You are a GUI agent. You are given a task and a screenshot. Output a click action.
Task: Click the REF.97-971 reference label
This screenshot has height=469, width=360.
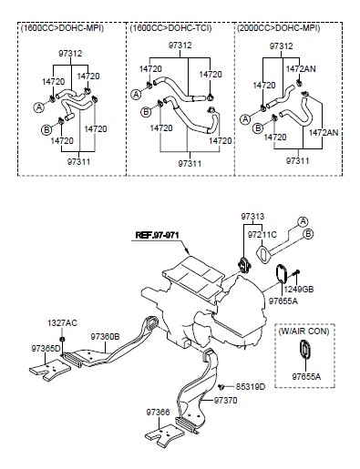click(x=157, y=235)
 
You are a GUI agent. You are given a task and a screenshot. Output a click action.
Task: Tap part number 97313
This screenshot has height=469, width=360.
click(x=252, y=217)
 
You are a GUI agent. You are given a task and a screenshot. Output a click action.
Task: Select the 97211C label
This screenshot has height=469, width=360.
click(x=262, y=235)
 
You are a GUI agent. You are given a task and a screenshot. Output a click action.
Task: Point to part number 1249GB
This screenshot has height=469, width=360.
click(x=299, y=290)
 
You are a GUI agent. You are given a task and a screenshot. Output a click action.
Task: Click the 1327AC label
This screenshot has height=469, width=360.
click(x=62, y=323)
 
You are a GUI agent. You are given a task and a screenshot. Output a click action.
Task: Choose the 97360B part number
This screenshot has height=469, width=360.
click(x=105, y=336)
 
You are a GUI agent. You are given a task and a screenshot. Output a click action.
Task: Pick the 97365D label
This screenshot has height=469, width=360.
click(x=46, y=349)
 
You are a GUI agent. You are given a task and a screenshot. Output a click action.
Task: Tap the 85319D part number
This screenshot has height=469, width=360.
click(x=251, y=387)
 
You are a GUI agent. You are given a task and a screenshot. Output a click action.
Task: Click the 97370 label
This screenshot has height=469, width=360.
click(x=225, y=401)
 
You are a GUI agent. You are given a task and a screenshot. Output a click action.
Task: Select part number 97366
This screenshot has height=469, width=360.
click(x=158, y=413)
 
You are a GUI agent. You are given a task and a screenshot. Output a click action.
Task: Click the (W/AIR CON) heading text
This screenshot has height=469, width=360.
click(x=303, y=331)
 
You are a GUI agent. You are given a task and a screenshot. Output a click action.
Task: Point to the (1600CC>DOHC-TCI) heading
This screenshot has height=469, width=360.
click(x=170, y=28)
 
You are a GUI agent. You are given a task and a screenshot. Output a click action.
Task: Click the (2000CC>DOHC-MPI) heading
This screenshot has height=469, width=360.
click(x=279, y=28)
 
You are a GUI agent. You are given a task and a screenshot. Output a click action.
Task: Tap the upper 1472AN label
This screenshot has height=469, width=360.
click(x=301, y=69)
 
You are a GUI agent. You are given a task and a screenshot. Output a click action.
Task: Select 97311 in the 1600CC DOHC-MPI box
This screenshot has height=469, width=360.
click(x=78, y=161)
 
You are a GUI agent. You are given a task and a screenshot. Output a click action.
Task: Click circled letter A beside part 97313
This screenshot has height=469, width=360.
click(x=303, y=222)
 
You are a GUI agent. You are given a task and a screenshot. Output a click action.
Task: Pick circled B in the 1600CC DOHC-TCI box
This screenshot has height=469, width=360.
click(x=146, y=112)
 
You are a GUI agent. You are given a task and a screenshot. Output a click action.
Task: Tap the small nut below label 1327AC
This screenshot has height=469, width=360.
click(x=62, y=339)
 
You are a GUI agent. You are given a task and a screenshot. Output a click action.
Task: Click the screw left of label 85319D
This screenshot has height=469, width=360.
click(x=221, y=387)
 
